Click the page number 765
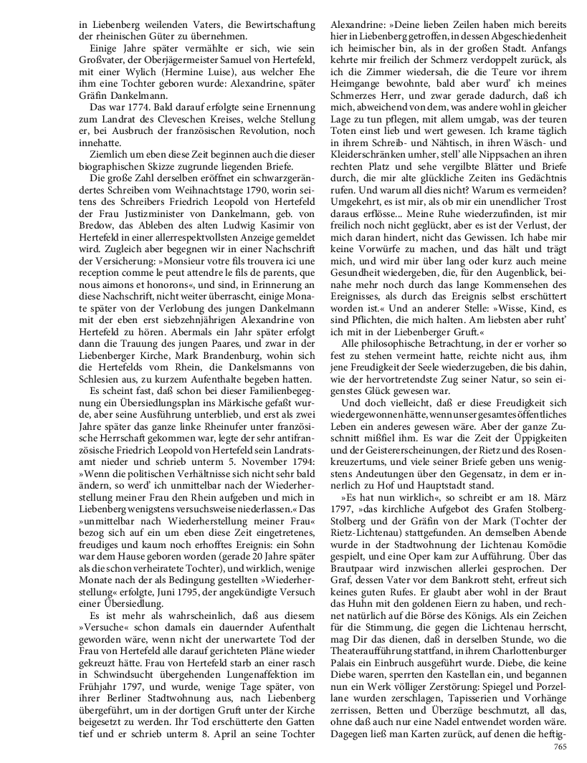click(560, 747)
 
